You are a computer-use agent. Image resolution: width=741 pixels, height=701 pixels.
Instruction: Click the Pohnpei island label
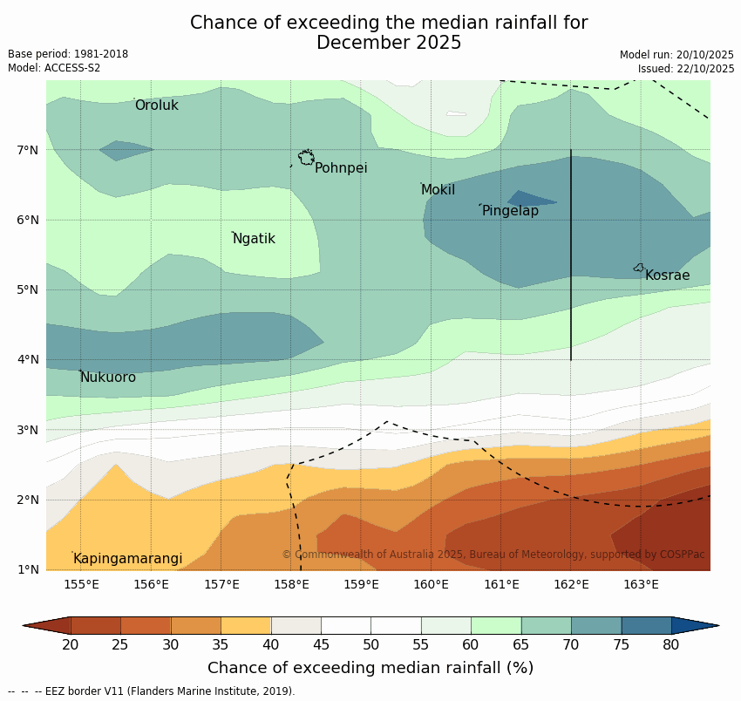click(x=341, y=168)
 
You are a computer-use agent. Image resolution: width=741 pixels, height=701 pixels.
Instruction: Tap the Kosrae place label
click(x=667, y=276)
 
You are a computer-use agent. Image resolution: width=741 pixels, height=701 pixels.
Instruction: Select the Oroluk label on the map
click(x=156, y=105)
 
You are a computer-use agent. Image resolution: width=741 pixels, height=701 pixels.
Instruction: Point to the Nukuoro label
click(x=108, y=378)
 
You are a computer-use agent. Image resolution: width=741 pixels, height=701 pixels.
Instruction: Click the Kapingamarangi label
click(x=127, y=559)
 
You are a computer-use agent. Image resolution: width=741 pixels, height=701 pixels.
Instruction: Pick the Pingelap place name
click(x=510, y=211)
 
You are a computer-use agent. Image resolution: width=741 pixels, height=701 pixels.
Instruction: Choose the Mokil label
click(x=438, y=190)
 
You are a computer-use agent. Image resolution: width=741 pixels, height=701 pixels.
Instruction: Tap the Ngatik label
click(x=254, y=239)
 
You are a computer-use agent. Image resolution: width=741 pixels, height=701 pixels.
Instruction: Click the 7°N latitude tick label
click(x=28, y=150)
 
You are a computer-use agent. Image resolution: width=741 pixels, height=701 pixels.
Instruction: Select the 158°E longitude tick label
click(x=291, y=584)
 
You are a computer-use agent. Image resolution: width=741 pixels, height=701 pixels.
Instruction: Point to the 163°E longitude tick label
click(x=641, y=584)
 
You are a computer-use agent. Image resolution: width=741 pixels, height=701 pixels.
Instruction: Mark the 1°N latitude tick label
click(x=28, y=569)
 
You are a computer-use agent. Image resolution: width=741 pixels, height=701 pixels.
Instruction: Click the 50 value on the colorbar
click(x=370, y=645)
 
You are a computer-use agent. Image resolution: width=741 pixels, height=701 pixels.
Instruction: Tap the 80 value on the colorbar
click(x=670, y=645)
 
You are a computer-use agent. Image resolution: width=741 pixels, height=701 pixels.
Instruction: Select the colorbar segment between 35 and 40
click(x=246, y=625)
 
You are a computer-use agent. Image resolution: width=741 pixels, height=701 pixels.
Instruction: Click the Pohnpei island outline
click(x=306, y=158)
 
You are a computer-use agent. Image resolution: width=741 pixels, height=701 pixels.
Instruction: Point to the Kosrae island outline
click(x=639, y=268)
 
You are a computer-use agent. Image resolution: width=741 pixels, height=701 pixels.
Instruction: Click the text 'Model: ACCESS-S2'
click(x=54, y=68)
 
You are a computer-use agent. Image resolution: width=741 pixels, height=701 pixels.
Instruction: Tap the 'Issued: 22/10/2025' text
click(x=686, y=69)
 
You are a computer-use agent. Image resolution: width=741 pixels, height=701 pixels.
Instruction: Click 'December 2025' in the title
click(x=389, y=43)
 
